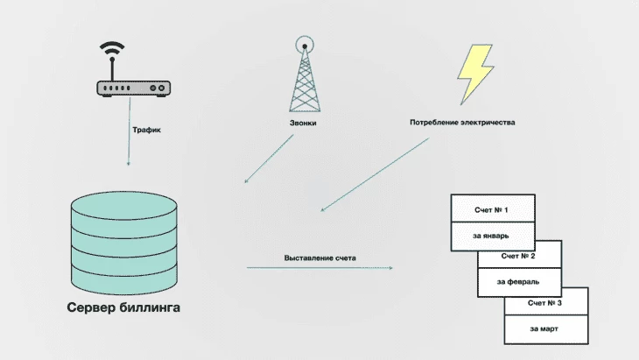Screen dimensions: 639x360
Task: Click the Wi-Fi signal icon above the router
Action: click(112, 49)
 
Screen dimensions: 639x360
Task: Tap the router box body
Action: click(133, 88)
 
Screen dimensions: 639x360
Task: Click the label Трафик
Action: click(146, 130)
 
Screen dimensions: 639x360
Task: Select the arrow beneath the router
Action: click(130, 131)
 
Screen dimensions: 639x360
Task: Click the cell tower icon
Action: click(305, 74)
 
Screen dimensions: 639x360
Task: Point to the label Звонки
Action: click(303, 123)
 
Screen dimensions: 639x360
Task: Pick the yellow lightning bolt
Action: click(475, 74)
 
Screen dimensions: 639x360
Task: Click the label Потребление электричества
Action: click(462, 123)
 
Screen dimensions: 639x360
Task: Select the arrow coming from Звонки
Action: click(269, 159)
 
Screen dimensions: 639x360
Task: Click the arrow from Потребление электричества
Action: click(375, 174)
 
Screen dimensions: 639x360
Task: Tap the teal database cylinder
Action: click(124, 243)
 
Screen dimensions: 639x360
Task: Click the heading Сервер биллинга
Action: click(123, 307)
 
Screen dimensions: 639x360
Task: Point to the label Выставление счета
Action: click(319, 258)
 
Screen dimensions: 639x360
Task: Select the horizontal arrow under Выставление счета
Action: click(319, 268)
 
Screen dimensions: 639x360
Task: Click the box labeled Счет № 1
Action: click(493, 208)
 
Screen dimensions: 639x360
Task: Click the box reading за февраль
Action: click(519, 282)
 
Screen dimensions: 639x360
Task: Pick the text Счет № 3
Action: click(544, 303)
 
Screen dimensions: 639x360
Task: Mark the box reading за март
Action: click(546, 329)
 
